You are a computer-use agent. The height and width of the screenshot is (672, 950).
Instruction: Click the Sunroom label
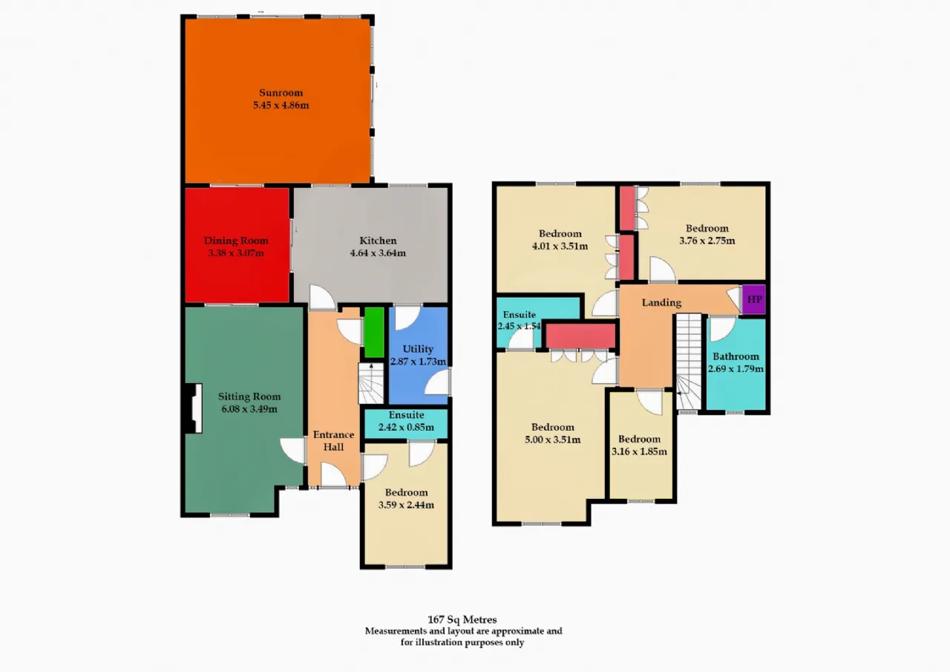click(281, 93)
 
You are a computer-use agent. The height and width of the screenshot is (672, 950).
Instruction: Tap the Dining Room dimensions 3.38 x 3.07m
click(236, 253)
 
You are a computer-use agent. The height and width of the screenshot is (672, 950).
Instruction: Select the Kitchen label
click(378, 241)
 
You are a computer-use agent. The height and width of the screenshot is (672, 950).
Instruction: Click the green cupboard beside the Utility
click(374, 332)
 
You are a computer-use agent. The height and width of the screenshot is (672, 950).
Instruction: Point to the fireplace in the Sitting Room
click(194, 408)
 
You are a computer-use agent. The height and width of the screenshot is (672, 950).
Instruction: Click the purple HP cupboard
click(754, 299)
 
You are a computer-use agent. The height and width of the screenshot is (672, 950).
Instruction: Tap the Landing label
click(661, 302)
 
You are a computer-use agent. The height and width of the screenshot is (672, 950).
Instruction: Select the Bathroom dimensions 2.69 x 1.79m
click(736, 369)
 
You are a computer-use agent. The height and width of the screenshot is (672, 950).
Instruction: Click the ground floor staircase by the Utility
click(371, 383)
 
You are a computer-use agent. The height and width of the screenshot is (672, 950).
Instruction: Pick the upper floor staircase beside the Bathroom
click(688, 362)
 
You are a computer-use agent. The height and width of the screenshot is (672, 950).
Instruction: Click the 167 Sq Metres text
click(462, 620)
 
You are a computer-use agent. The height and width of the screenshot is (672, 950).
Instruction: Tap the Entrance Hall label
click(334, 441)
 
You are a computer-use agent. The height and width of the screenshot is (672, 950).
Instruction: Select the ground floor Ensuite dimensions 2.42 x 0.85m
click(406, 427)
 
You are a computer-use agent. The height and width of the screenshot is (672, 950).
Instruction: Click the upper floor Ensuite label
click(519, 314)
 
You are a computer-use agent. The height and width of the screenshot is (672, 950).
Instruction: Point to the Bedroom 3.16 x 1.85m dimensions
click(639, 451)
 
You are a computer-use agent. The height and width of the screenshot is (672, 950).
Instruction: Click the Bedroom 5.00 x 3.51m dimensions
click(553, 440)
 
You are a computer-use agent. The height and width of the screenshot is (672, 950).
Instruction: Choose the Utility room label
click(418, 349)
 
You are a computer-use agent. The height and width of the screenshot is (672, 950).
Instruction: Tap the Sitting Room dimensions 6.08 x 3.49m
click(249, 409)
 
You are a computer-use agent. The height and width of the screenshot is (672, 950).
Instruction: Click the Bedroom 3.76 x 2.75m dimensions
click(707, 241)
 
